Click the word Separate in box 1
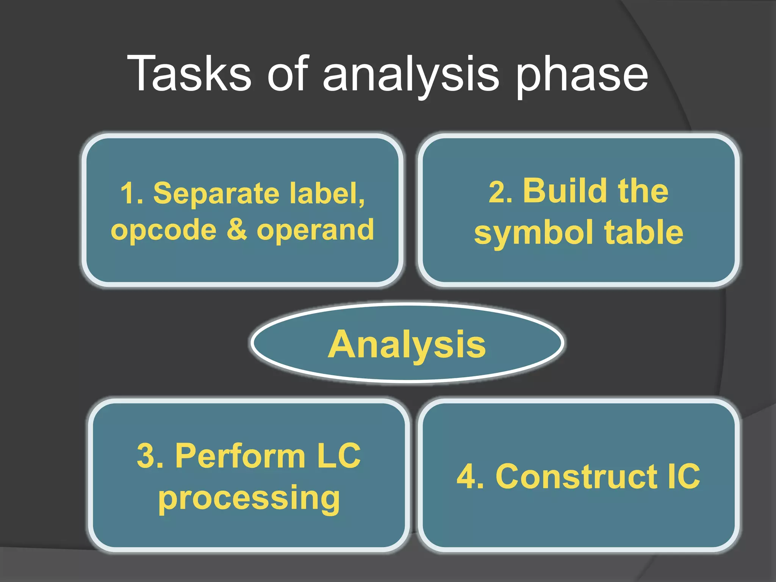[x=216, y=193]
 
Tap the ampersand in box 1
[x=236, y=229]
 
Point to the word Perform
[x=240, y=455]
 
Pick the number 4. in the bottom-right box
[x=470, y=477]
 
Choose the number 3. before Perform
[x=150, y=456]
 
